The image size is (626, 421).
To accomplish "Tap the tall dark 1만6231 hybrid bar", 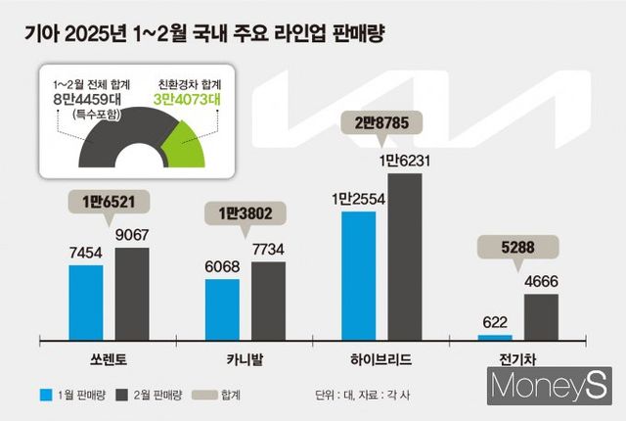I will click(404, 257).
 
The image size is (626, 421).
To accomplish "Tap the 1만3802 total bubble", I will click(243, 212).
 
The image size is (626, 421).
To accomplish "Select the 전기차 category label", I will click(517, 360).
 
